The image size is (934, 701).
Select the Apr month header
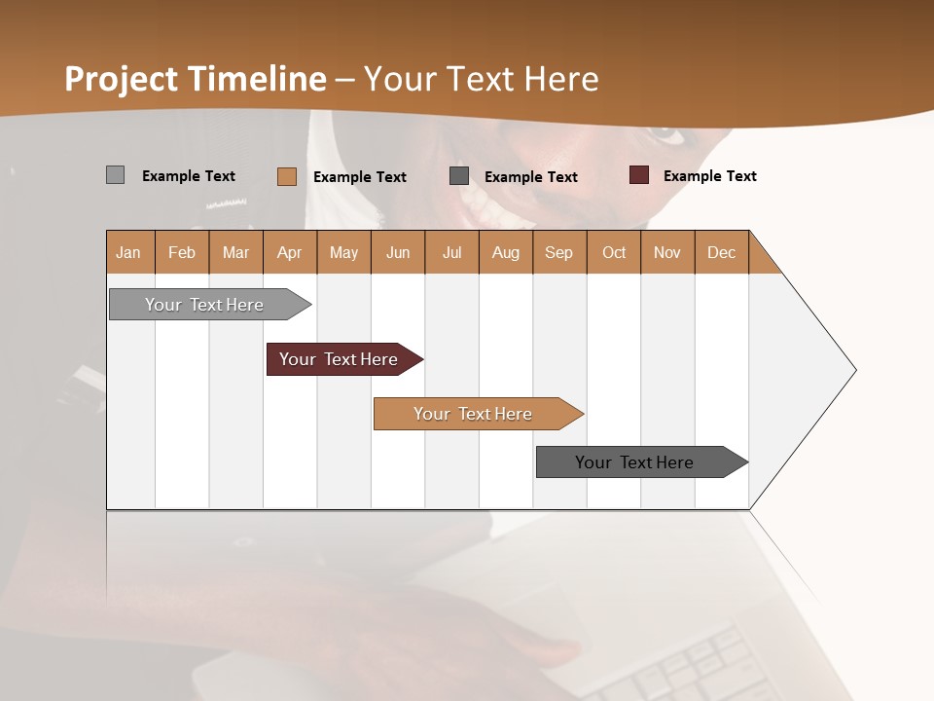click(x=290, y=252)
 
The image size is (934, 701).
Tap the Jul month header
click(x=451, y=252)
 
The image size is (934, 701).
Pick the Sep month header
click(x=559, y=252)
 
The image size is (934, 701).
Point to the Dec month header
click(x=721, y=252)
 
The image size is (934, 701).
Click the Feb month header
click(x=182, y=252)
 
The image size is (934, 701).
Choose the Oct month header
click(x=614, y=252)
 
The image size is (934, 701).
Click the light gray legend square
click(x=115, y=175)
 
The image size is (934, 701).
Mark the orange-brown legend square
click(x=286, y=176)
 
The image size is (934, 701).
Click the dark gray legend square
click(x=459, y=175)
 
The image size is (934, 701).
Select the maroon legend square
click(x=639, y=175)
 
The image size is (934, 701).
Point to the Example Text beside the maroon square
click(x=709, y=175)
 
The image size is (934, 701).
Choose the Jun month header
click(x=398, y=252)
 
